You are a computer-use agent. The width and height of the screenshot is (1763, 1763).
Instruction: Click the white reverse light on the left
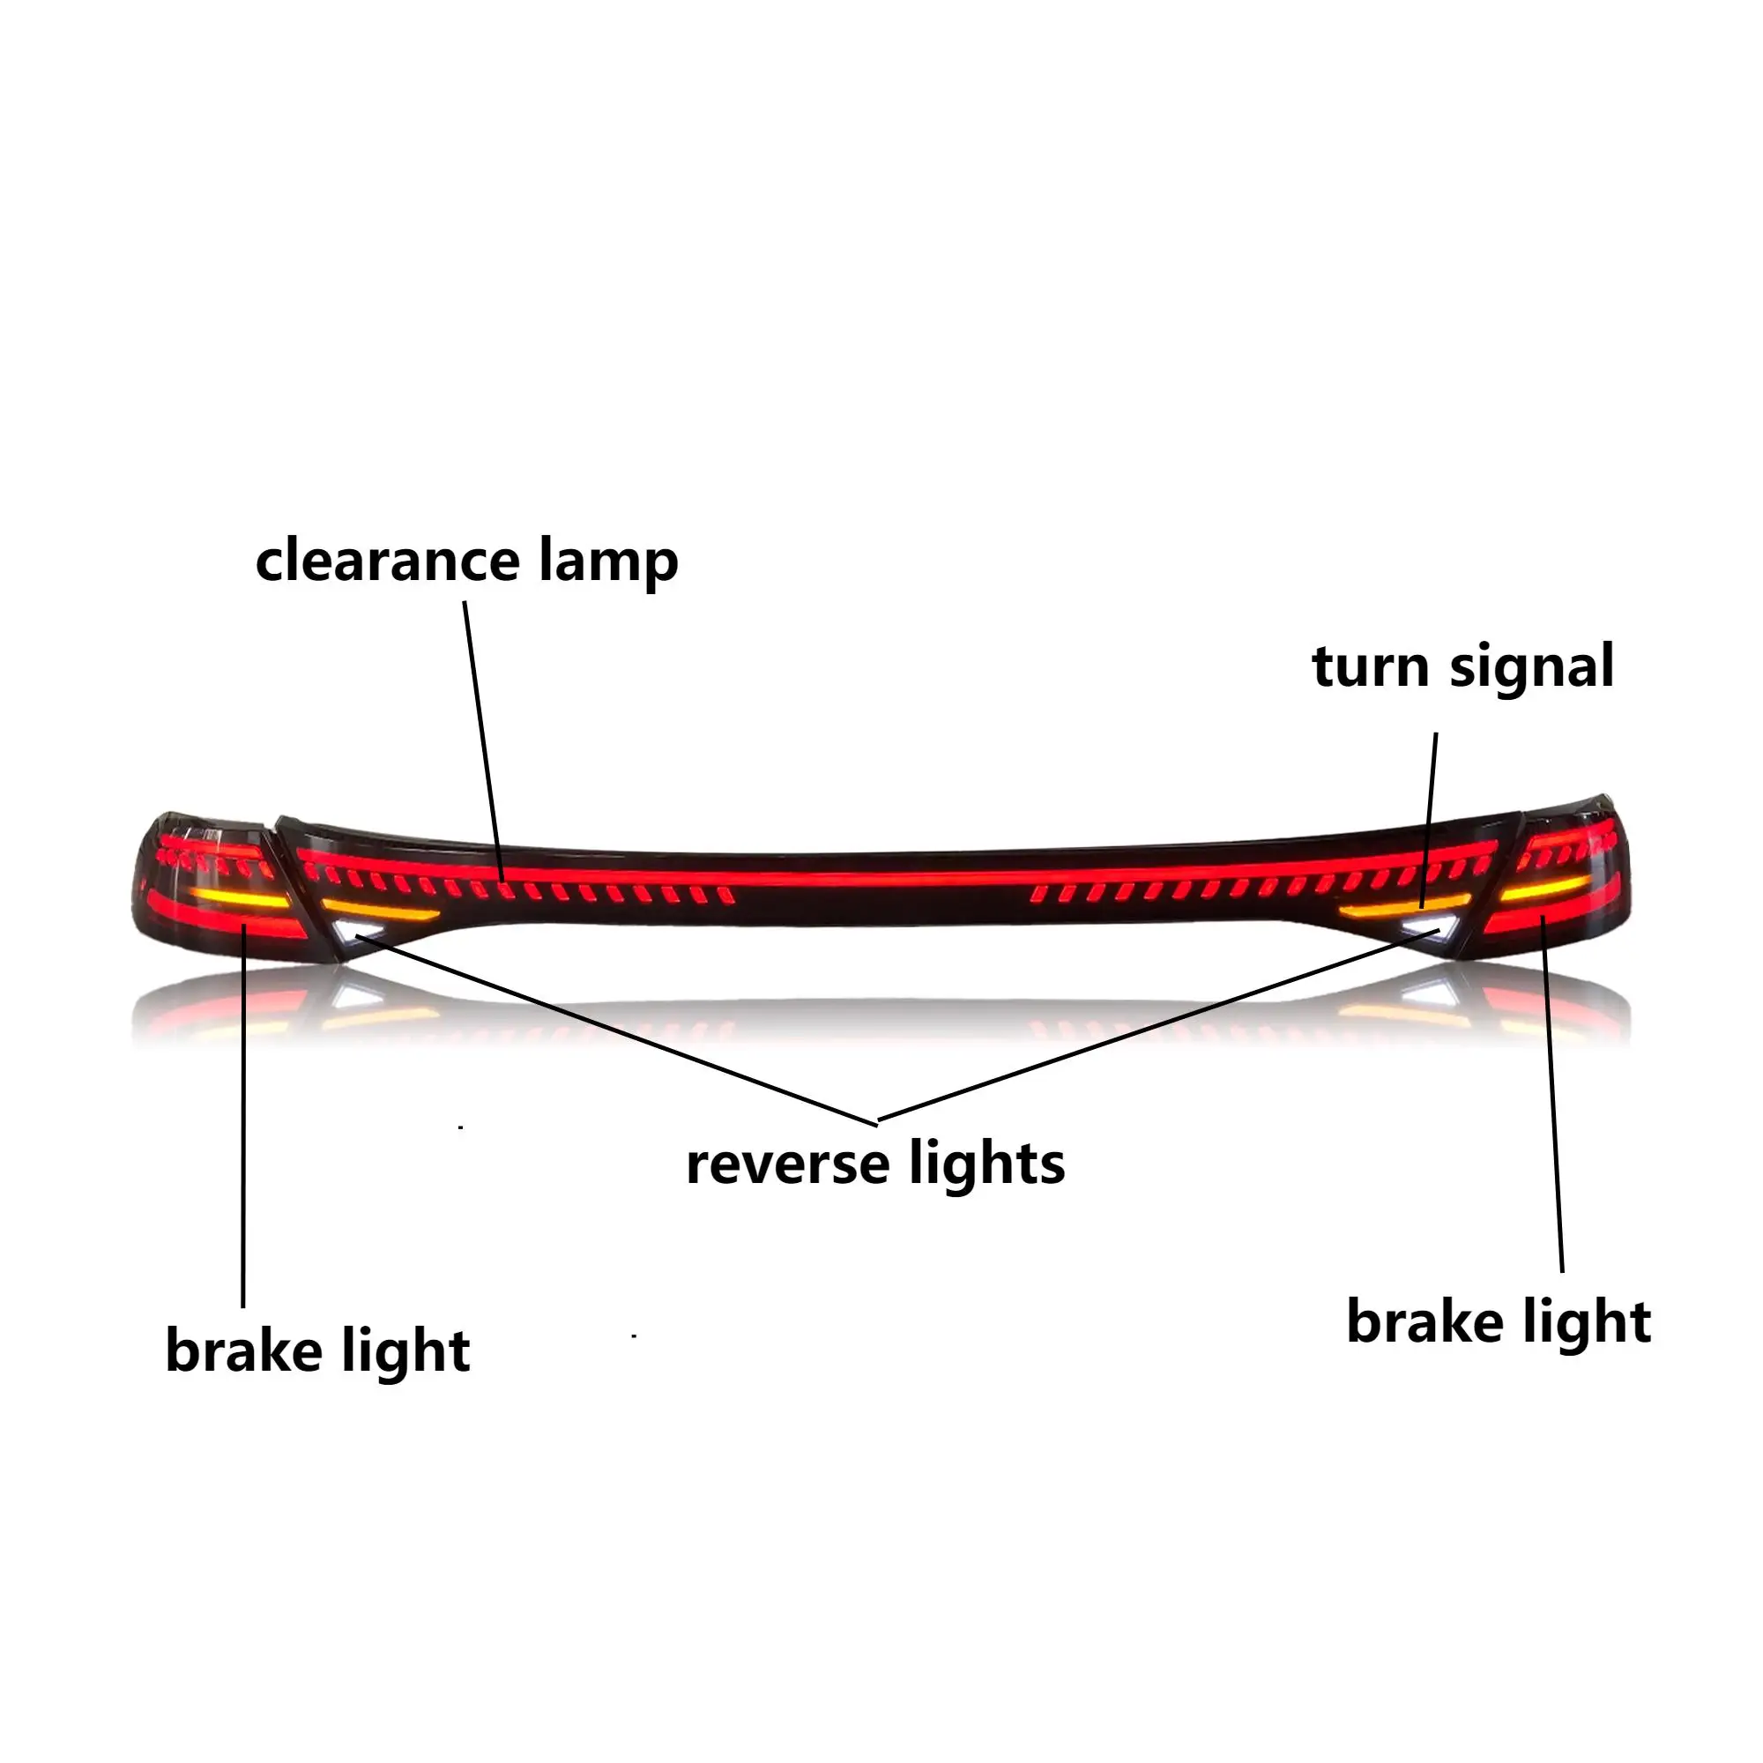pyautogui.click(x=357, y=932)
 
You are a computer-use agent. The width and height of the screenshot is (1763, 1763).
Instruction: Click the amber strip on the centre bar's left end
pyautogui.click(x=379, y=910)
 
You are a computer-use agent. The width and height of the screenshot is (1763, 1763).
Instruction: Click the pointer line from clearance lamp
pyautogui.click(x=483, y=740)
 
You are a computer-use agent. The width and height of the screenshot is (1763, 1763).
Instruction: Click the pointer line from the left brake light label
pyautogui.click(x=243, y=1122)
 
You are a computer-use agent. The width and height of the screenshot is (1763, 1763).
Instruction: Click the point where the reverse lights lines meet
pyautogui.click(x=877, y=1121)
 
